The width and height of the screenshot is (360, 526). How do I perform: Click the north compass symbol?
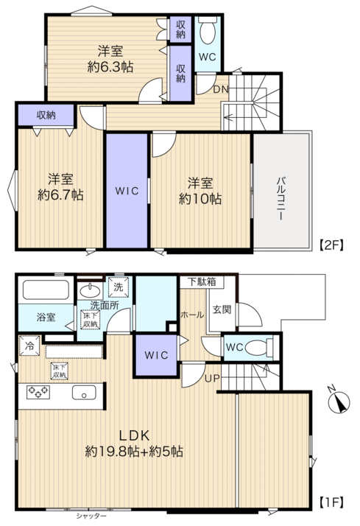[338, 401]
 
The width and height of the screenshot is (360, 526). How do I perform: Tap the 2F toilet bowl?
[208, 31]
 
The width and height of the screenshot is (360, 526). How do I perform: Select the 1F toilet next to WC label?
[259, 347]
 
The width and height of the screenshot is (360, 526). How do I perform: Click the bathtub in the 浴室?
[46, 290]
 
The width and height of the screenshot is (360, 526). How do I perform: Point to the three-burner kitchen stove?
[38, 392]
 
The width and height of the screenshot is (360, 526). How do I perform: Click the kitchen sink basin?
[84, 392]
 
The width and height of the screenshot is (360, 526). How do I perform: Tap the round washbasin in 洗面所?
[90, 290]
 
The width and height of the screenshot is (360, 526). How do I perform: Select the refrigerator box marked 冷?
[29, 346]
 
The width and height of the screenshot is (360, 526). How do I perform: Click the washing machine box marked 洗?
[118, 287]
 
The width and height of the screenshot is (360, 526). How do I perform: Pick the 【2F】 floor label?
[331, 245]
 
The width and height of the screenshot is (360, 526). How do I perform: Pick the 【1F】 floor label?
[331, 502]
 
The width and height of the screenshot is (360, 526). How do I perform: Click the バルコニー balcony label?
[280, 198]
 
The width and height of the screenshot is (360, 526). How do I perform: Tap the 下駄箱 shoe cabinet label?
[202, 281]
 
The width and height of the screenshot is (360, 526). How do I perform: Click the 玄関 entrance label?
[222, 309]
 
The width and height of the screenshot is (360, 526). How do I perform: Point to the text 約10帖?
[200, 199]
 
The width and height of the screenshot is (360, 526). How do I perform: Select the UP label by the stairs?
[212, 379]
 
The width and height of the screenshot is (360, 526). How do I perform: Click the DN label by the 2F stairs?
[221, 90]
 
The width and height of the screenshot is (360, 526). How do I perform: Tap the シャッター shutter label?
[91, 516]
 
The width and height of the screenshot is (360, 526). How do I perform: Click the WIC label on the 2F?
[127, 192]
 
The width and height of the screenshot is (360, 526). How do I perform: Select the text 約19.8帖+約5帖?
[134, 452]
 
